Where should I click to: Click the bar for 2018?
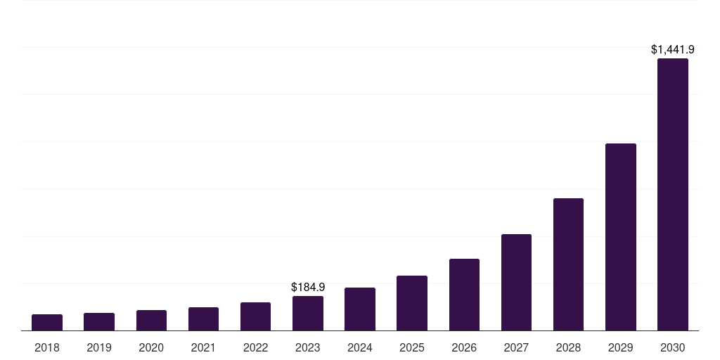pos(47,323)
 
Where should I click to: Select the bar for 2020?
pos(151,321)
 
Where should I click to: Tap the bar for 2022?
pos(255,316)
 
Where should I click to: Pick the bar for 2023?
pos(308,314)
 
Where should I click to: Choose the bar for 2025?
pos(412,303)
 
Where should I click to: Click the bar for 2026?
pos(464,295)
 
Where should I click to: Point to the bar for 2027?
pos(516,283)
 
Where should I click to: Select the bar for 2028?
pos(568,264)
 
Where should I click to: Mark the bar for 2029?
pos(621,237)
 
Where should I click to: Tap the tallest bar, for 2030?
pos(673,195)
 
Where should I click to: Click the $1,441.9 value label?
pos(673,49)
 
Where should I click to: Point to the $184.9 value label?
pos(308,287)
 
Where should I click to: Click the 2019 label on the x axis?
pos(99,347)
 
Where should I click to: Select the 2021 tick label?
pos(203,347)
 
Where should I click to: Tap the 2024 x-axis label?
pos(360,347)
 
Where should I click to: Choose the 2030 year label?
pos(673,347)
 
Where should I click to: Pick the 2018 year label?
pos(47,347)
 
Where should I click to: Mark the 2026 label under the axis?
pos(464,347)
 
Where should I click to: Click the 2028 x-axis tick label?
pos(568,347)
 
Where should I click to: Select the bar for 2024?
pos(360,309)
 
